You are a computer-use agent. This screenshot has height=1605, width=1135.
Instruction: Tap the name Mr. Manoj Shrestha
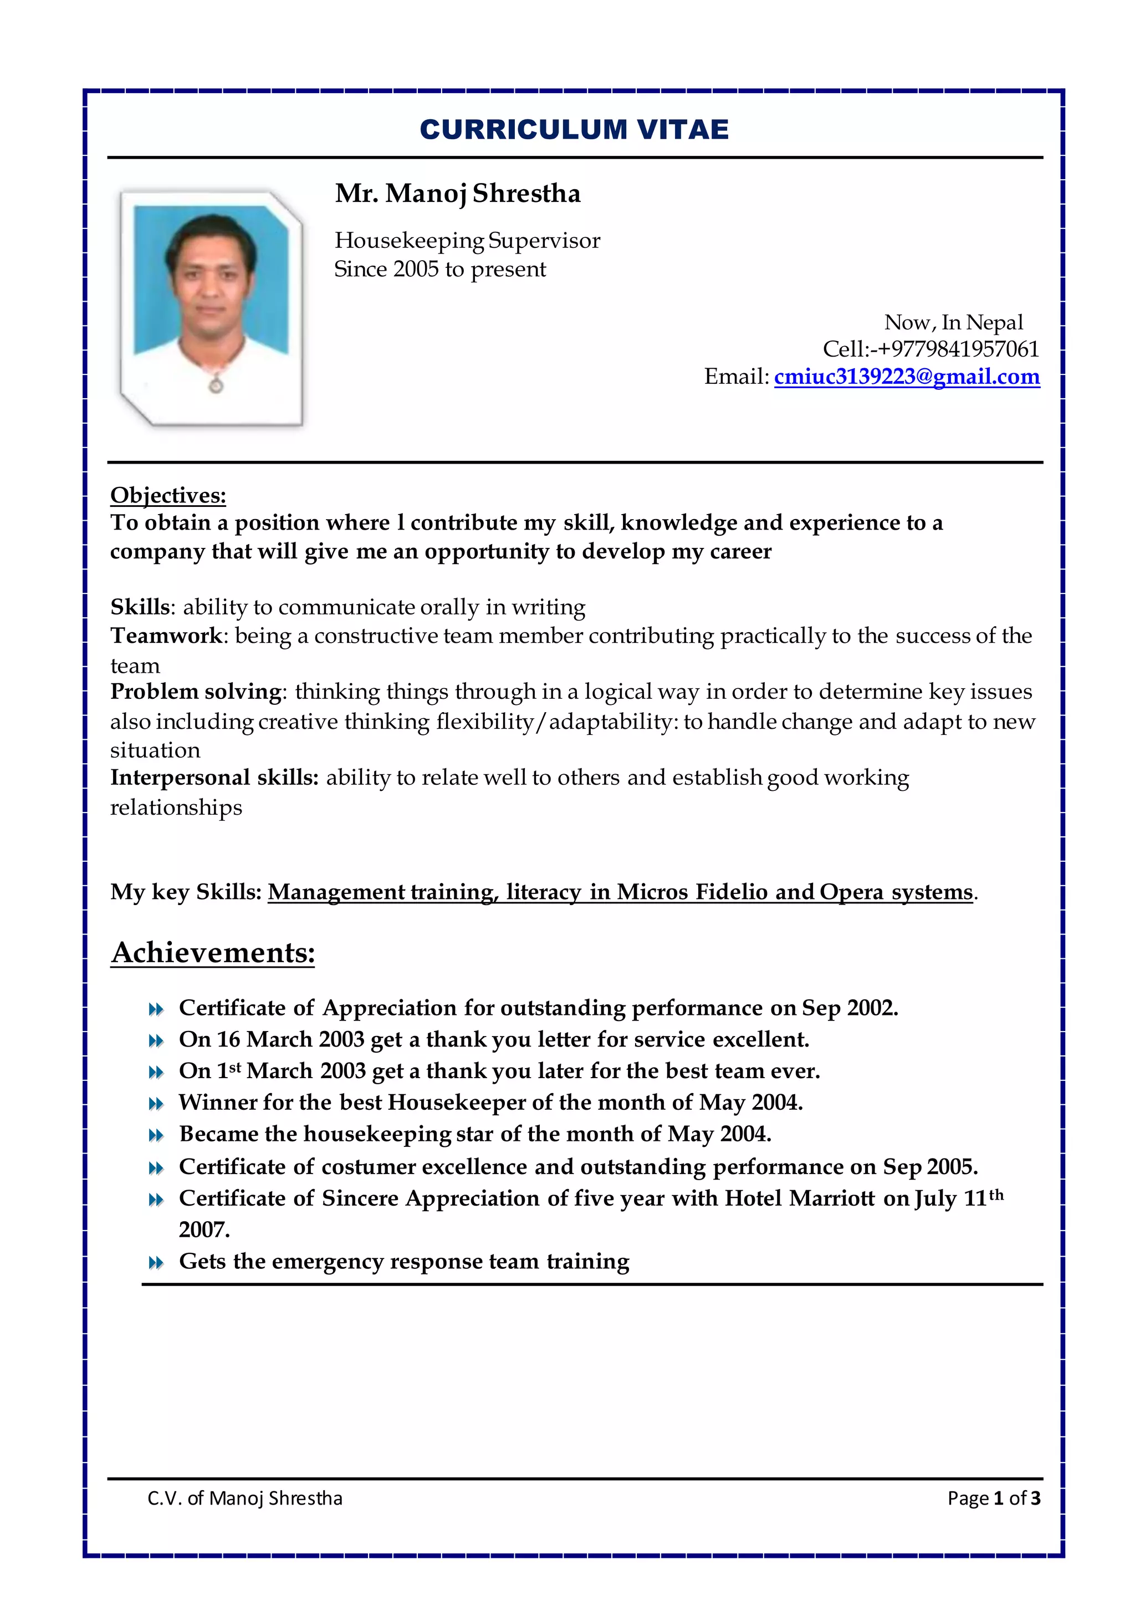point(458,194)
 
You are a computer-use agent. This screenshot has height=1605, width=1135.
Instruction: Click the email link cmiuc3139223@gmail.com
point(907,377)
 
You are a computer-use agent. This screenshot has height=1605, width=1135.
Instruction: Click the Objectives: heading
point(168,495)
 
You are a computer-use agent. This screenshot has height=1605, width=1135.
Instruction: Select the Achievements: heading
point(213,952)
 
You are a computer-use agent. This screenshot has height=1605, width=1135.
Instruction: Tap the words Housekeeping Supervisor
point(467,241)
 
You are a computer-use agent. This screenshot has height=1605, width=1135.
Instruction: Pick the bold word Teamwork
point(166,636)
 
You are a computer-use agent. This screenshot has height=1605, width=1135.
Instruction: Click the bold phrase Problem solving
point(196,692)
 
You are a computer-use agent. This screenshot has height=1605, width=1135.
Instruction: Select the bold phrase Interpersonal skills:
point(214,778)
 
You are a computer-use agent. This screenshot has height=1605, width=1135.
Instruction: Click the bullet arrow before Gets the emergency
point(156,1263)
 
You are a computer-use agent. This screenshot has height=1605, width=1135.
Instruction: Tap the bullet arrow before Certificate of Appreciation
point(156,1009)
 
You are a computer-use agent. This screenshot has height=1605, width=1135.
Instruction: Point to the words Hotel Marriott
point(799,1198)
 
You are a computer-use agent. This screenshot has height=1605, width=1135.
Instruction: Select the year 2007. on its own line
point(204,1230)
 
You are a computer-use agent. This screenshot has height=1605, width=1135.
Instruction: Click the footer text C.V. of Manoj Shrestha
point(244,1498)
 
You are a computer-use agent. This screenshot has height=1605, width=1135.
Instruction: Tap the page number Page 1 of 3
point(993,1498)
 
